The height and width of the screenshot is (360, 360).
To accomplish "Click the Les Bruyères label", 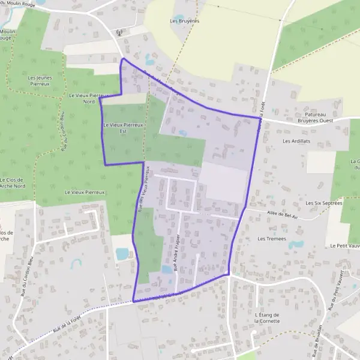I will pos(184,20).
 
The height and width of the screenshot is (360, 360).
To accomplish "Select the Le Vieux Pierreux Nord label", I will pos(88,98).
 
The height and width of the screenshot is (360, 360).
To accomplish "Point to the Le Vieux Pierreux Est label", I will pos(123,127).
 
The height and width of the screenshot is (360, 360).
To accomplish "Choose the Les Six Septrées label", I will pos(323,203).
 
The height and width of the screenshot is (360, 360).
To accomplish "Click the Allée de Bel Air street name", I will pos(281,215).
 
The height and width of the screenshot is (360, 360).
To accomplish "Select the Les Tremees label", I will pos(271,238).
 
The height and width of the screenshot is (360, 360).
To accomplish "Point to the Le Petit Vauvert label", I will pos(344,246).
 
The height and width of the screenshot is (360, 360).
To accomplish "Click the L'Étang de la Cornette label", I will pos(267,317).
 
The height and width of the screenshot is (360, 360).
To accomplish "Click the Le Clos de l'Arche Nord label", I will pos(13,182).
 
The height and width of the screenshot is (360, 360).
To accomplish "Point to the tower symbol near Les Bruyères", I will pos(119,32).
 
